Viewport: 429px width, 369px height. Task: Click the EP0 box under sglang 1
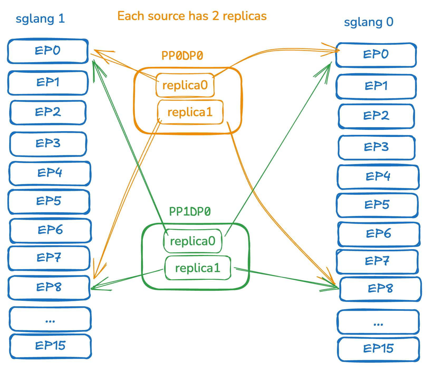pos(48,51)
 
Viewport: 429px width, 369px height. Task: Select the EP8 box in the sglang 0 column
pos(380,289)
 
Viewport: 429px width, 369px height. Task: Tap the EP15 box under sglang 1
pos(50,346)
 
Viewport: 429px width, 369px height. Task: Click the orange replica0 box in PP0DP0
pos(185,85)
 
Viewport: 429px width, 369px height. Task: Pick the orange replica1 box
pos(190,112)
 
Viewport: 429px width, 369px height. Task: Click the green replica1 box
pos(198,268)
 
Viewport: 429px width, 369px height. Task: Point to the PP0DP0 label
pos(182,56)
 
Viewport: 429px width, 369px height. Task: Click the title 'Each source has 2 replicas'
pos(192,16)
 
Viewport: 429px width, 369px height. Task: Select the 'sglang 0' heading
pos(369,22)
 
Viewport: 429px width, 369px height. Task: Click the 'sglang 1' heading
pos(40,19)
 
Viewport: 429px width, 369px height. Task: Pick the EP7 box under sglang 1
pos(49,258)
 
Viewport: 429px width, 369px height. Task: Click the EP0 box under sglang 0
pos(376,55)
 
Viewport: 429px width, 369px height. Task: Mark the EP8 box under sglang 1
pos(49,288)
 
